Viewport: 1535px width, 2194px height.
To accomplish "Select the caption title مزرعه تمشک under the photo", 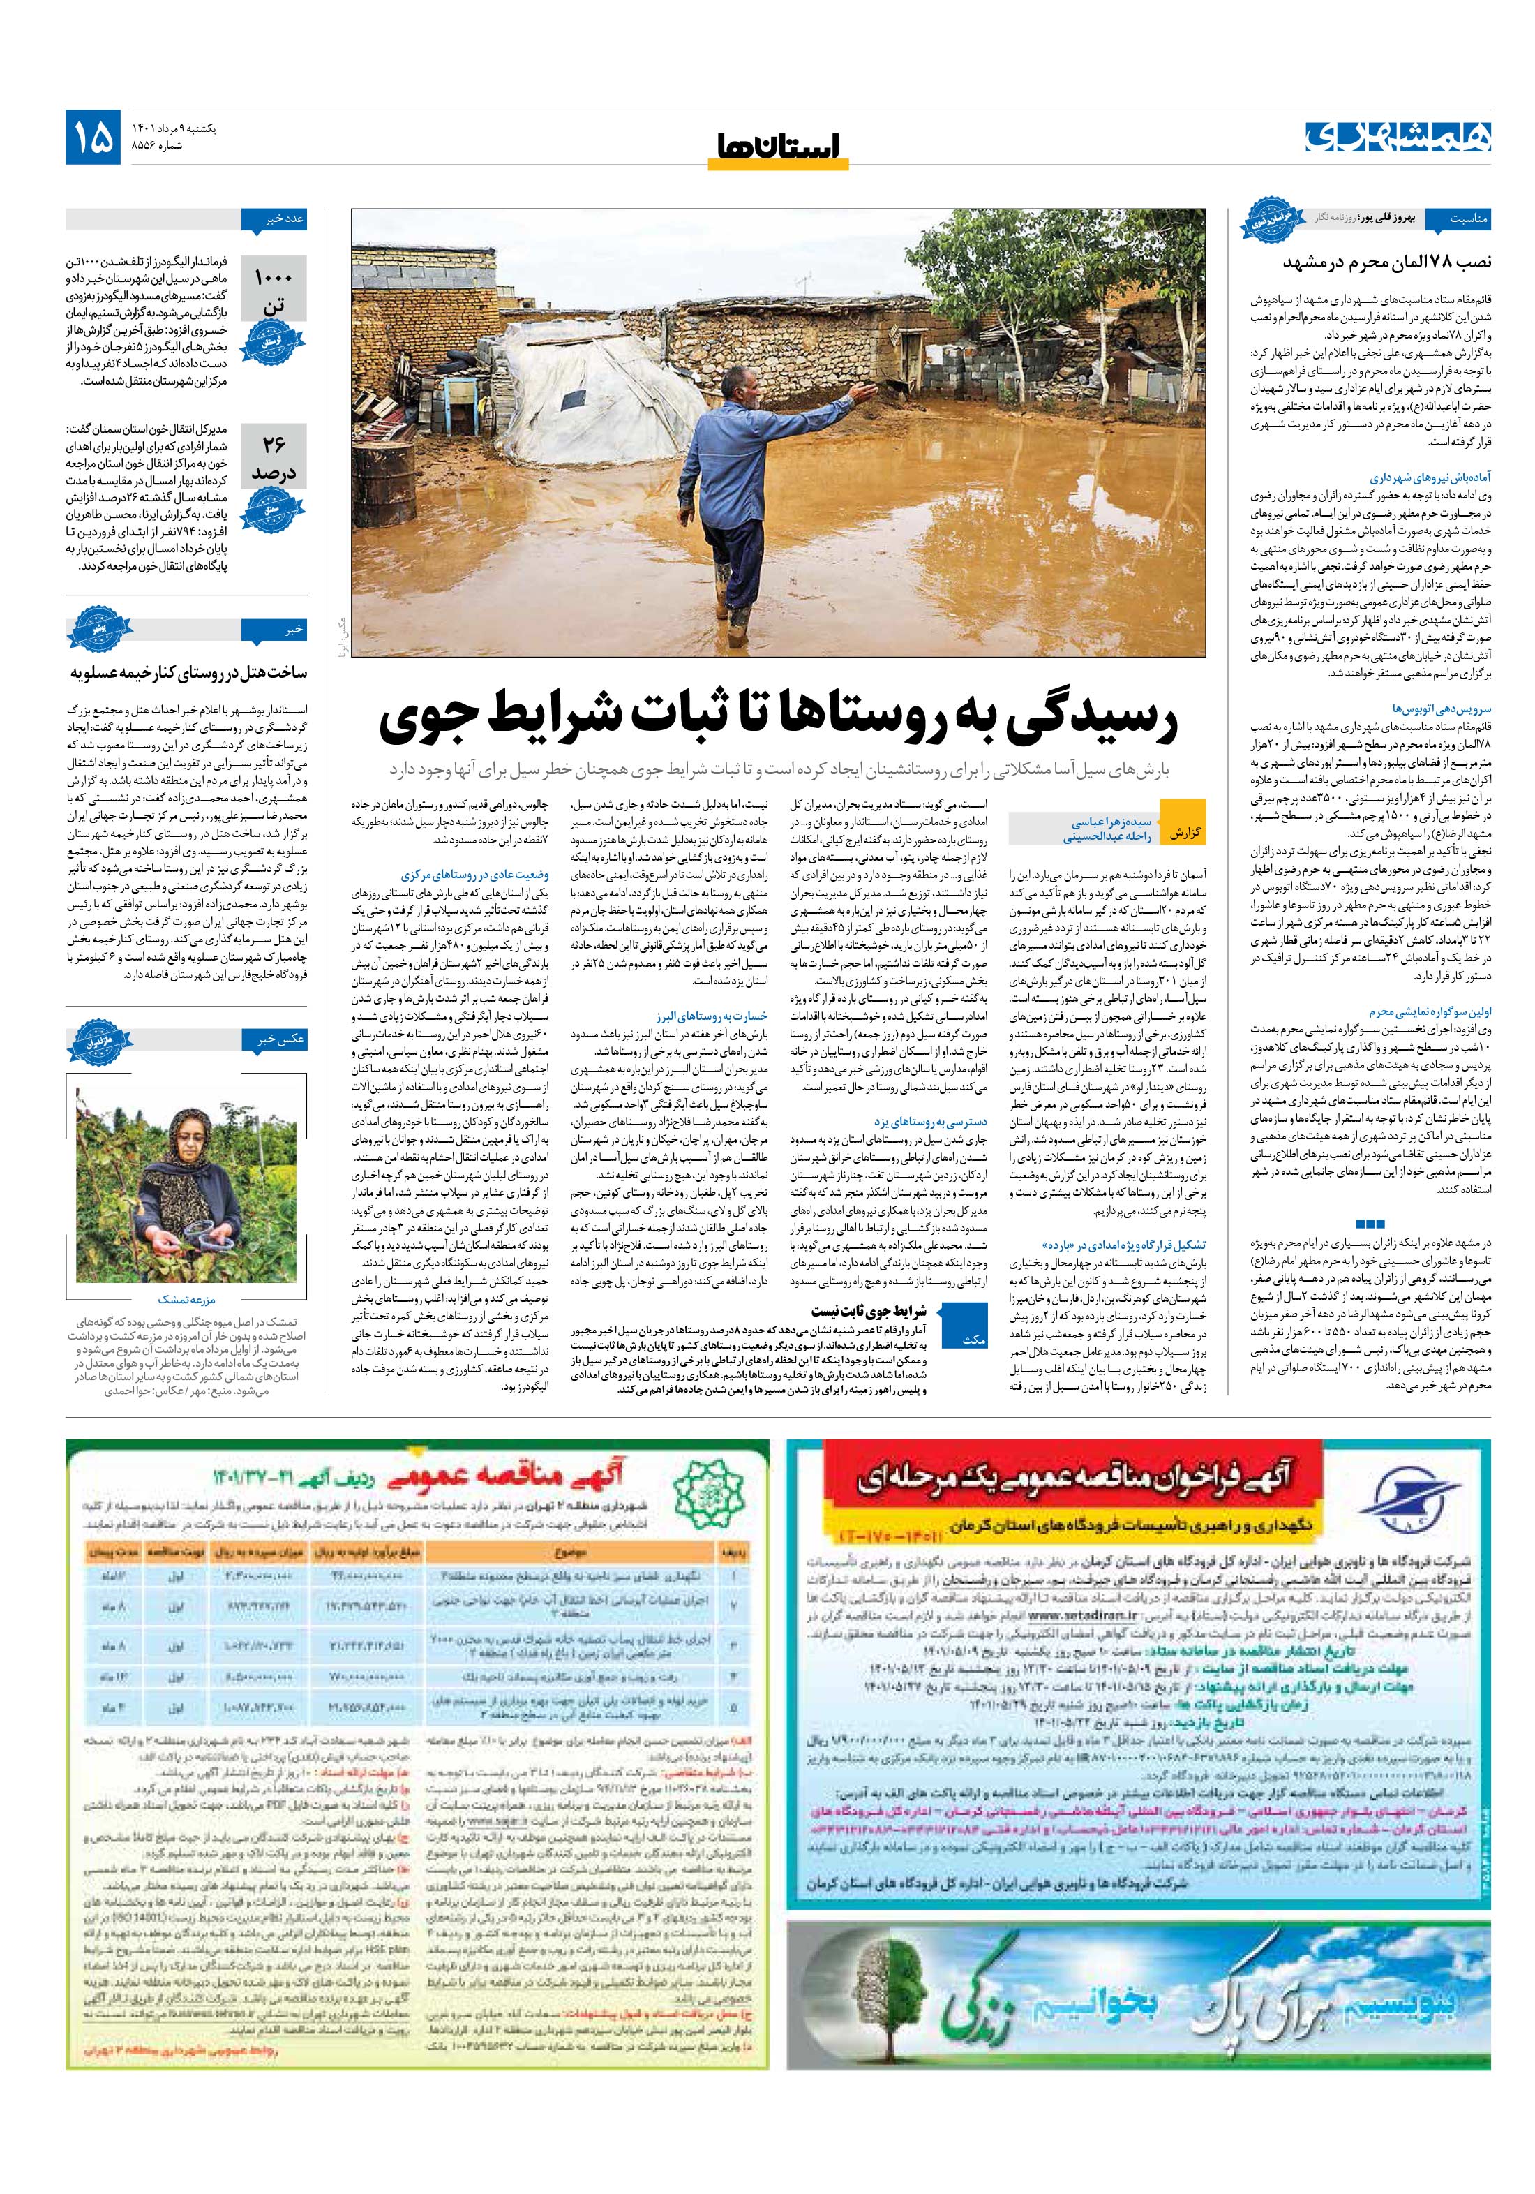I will coord(187,1300).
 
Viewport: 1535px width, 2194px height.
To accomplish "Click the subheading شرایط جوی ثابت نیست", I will coord(868,1311).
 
